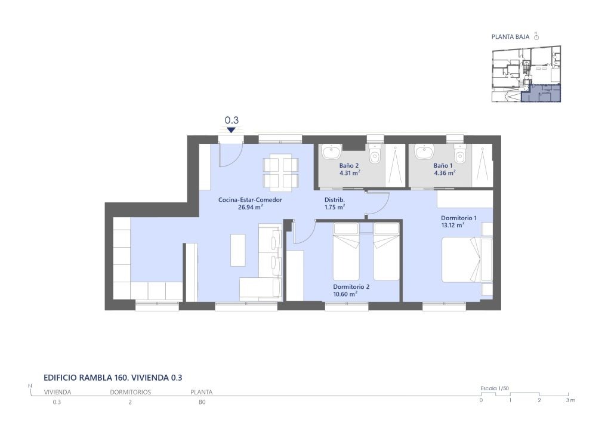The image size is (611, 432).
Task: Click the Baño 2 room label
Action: (348, 165)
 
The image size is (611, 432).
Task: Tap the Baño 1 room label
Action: (443, 165)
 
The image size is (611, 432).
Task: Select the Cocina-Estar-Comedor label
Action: (250, 200)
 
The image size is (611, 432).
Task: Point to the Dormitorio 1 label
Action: (459, 218)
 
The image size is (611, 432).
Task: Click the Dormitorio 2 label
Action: (351, 286)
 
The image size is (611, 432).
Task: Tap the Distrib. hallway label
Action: (335, 200)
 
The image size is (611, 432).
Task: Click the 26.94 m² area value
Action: (250, 207)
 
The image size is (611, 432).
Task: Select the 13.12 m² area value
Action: (452, 225)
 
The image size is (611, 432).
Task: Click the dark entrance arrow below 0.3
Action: (231, 129)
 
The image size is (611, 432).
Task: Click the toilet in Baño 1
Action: (459, 155)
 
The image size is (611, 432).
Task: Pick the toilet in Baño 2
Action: (375, 155)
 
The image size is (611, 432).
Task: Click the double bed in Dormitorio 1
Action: (467, 260)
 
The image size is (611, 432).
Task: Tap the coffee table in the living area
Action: (238, 250)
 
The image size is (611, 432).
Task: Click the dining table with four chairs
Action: (281, 173)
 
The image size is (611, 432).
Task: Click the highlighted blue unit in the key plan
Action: (541, 94)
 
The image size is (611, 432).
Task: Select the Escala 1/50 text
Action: (495, 388)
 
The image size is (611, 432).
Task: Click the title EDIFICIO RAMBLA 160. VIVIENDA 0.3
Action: (113, 378)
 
